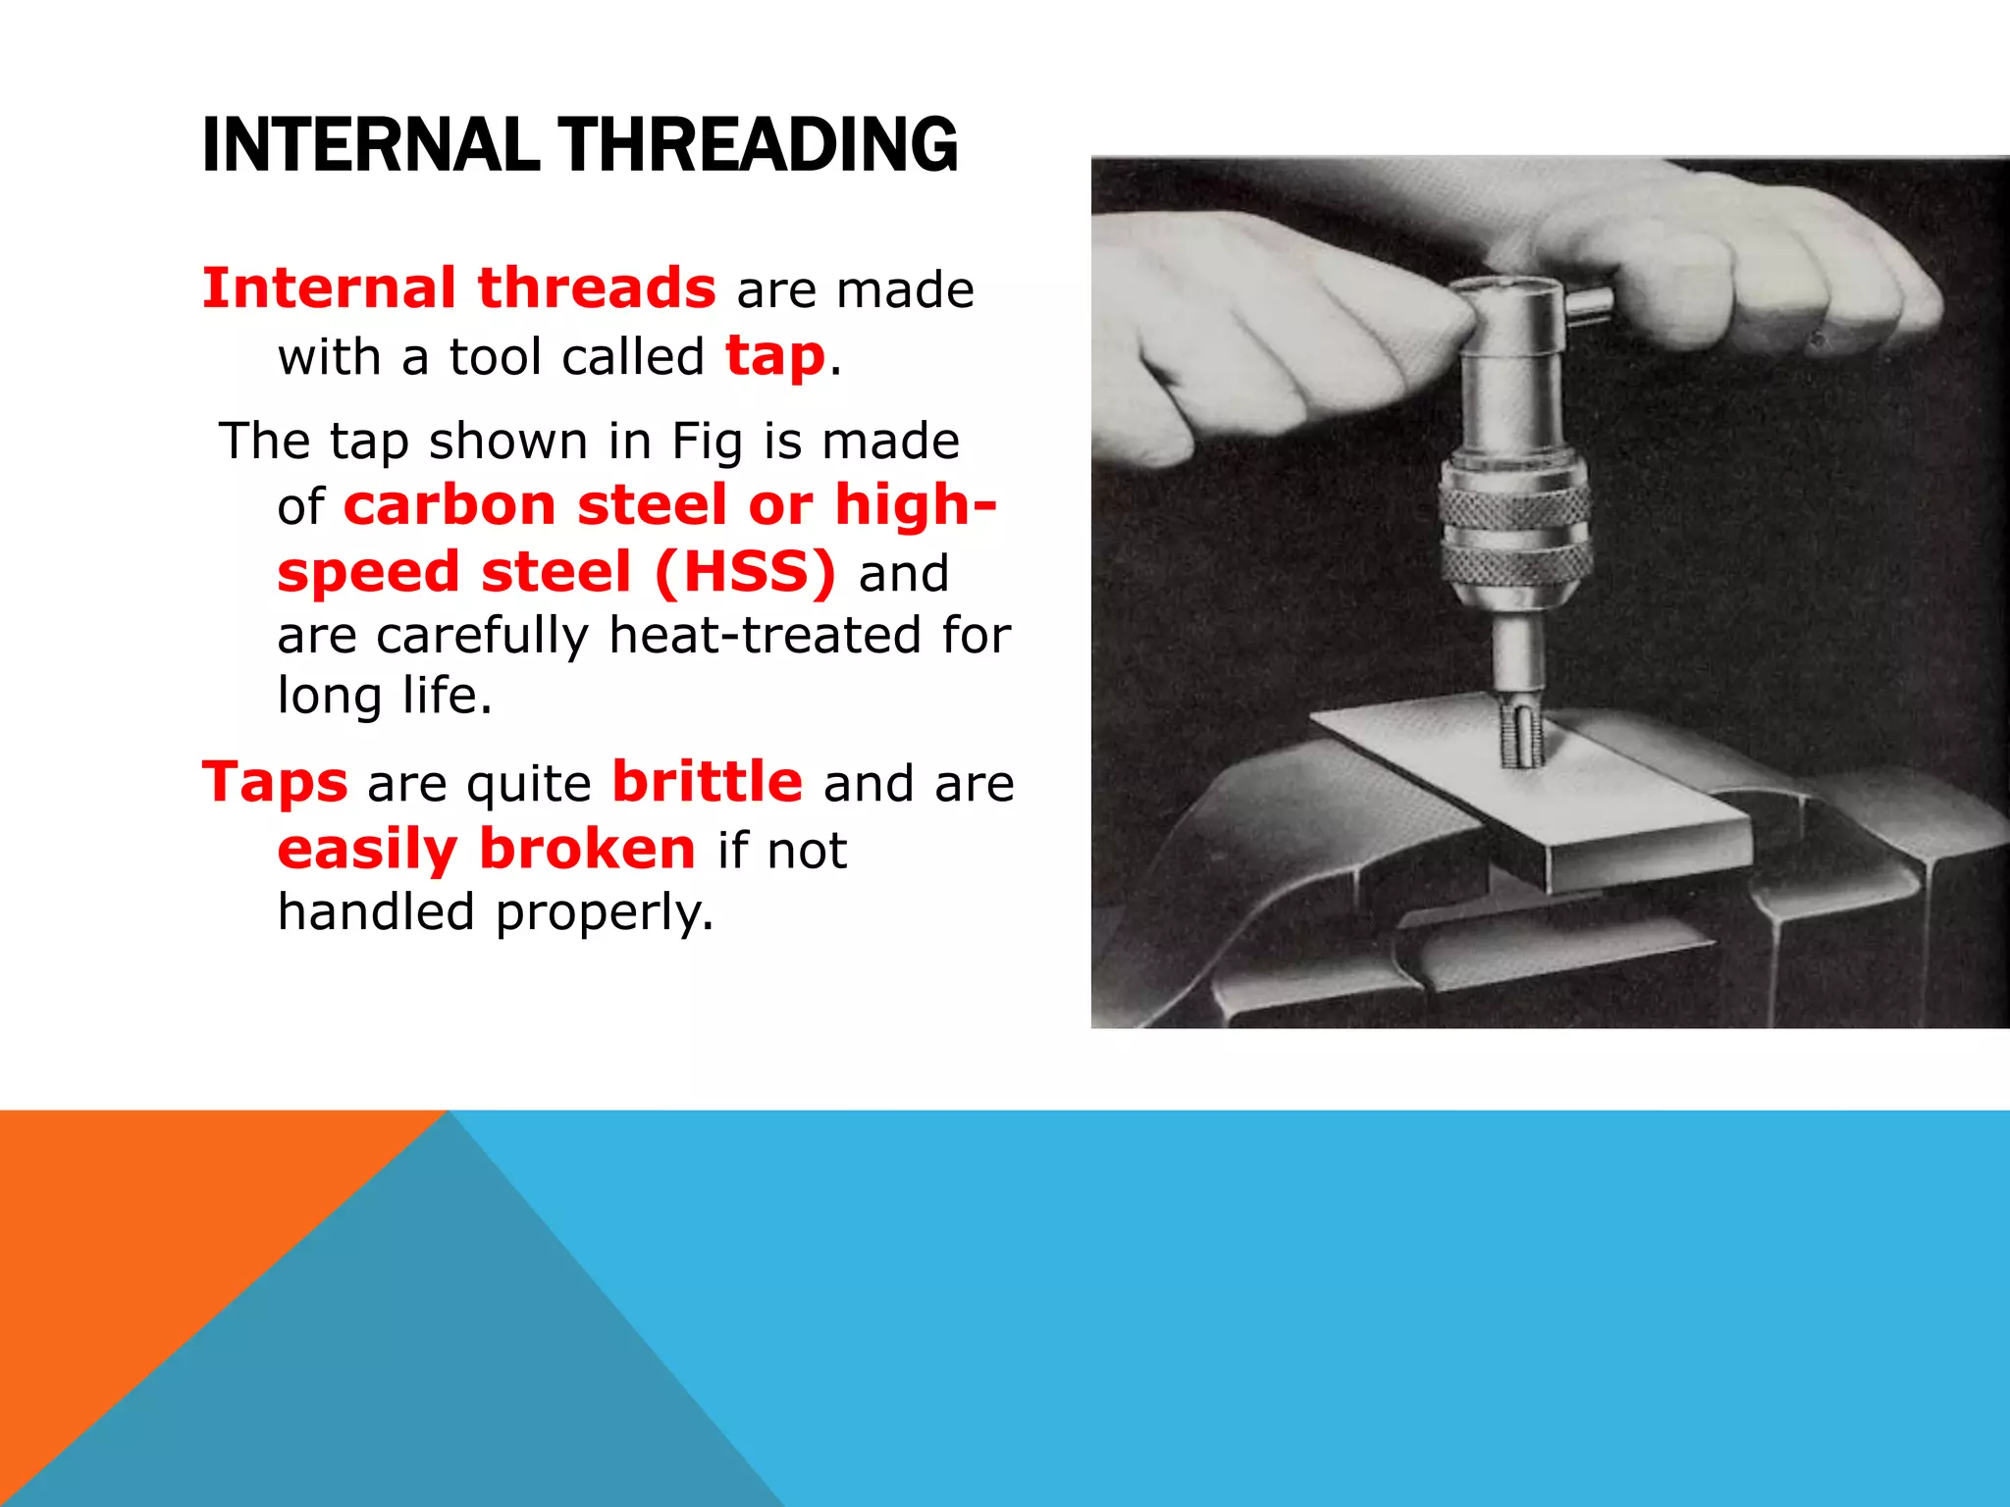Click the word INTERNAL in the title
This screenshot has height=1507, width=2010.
[x=370, y=145]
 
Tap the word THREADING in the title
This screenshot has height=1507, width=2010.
[x=758, y=145]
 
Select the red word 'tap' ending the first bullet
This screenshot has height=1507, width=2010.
[x=775, y=355]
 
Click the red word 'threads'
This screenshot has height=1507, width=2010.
[x=597, y=288]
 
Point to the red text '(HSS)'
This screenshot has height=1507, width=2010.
[x=745, y=572]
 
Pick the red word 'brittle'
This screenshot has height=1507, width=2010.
[x=707, y=782]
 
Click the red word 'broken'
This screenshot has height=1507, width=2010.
[x=587, y=849]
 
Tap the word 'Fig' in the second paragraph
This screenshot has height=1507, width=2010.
[x=707, y=442]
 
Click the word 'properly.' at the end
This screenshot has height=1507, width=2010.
[x=605, y=911]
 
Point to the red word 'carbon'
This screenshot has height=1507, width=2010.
[x=450, y=505]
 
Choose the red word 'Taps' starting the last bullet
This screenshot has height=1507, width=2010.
[x=275, y=782]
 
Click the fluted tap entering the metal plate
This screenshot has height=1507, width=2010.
[x=1520, y=736]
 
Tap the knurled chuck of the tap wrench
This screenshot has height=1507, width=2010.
[x=1514, y=535]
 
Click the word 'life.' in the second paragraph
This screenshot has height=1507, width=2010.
[x=447, y=696]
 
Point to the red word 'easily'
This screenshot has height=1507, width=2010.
[x=367, y=850]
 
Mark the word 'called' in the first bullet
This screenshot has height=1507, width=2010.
[x=633, y=356]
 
